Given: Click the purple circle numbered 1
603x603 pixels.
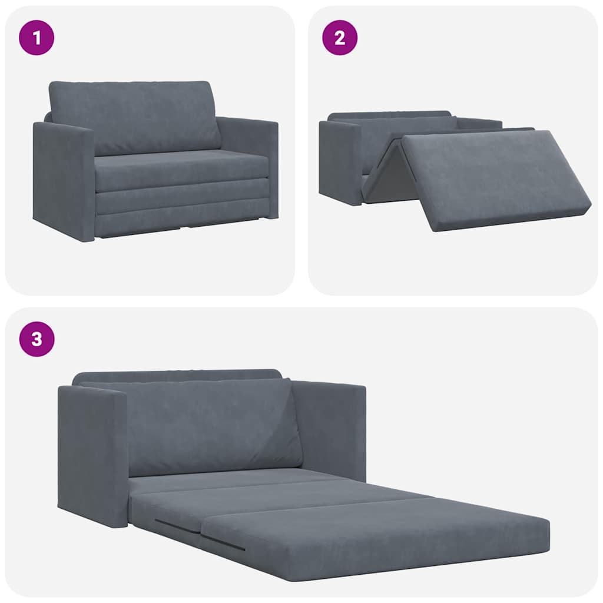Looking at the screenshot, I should click(x=37, y=38).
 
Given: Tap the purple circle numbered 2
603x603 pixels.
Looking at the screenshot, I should click(x=339, y=38).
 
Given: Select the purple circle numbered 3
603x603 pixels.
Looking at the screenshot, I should click(x=37, y=340).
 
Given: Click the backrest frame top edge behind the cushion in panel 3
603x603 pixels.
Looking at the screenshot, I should click(x=177, y=375).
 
